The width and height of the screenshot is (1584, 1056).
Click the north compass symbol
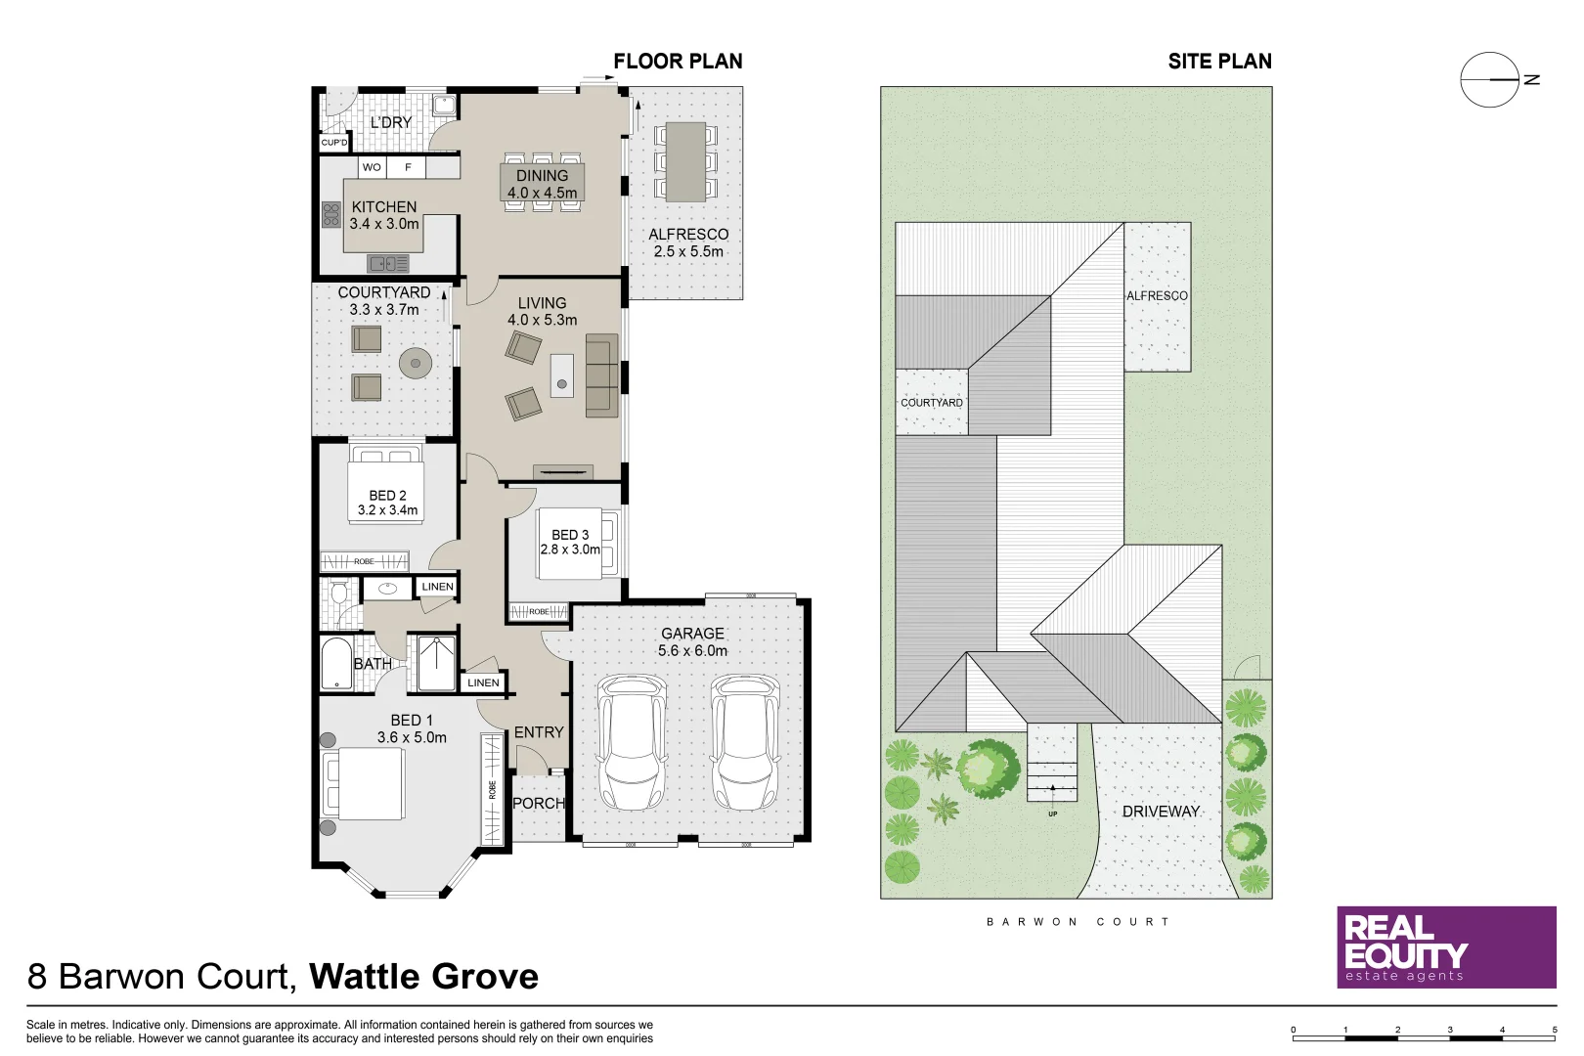tap(1491, 79)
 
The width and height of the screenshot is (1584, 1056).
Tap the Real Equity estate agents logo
tap(1445, 946)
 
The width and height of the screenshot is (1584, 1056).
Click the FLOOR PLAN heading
tap(678, 62)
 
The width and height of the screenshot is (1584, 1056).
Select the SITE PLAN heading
tap(1219, 62)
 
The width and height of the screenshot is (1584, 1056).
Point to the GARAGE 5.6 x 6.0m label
tap(692, 642)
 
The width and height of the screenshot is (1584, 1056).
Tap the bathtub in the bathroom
tap(335, 664)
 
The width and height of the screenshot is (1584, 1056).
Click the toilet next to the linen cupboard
tap(339, 592)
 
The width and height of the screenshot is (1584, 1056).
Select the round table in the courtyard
tap(416, 364)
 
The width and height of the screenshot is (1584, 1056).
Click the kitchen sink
tap(388, 263)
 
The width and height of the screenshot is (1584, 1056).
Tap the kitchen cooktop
tap(331, 214)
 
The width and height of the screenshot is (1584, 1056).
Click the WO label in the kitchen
tap(372, 167)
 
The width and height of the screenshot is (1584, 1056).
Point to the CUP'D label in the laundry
tap(334, 143)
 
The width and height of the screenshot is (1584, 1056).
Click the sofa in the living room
tap(601, 375)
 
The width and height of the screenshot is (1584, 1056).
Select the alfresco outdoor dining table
tap(685, 161)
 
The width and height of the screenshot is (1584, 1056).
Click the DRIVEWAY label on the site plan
tap(1160, 812)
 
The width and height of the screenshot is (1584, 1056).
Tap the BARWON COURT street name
tap(1078, 922)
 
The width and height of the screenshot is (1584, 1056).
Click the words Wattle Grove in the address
tap(423, 977)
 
